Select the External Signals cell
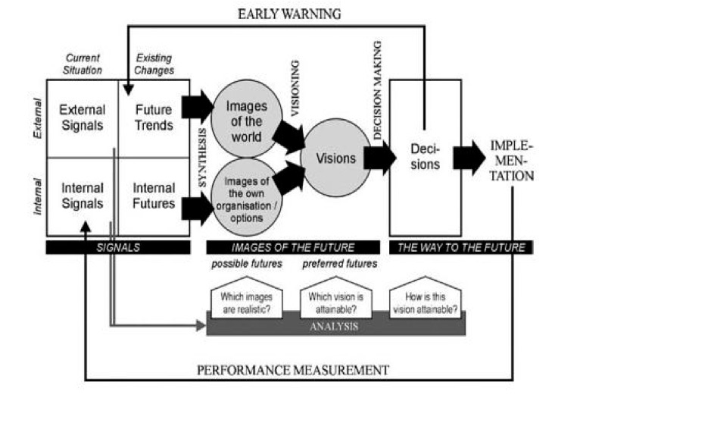click(x=82, y=118)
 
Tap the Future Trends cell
click(x=154, y=118)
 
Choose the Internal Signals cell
click(x=82, y=196)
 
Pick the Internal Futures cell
click(x=154, y=196)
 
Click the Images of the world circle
click(x=245, y=121)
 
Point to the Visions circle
click(x=335, y=159)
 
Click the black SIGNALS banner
click(x=117, y=247)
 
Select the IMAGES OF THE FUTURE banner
click(x=292, y=247)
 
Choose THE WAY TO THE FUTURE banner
click(x=460, y=247)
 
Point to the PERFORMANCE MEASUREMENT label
click(x=293, y=370)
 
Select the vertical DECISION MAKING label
click(x=378, y=91)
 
